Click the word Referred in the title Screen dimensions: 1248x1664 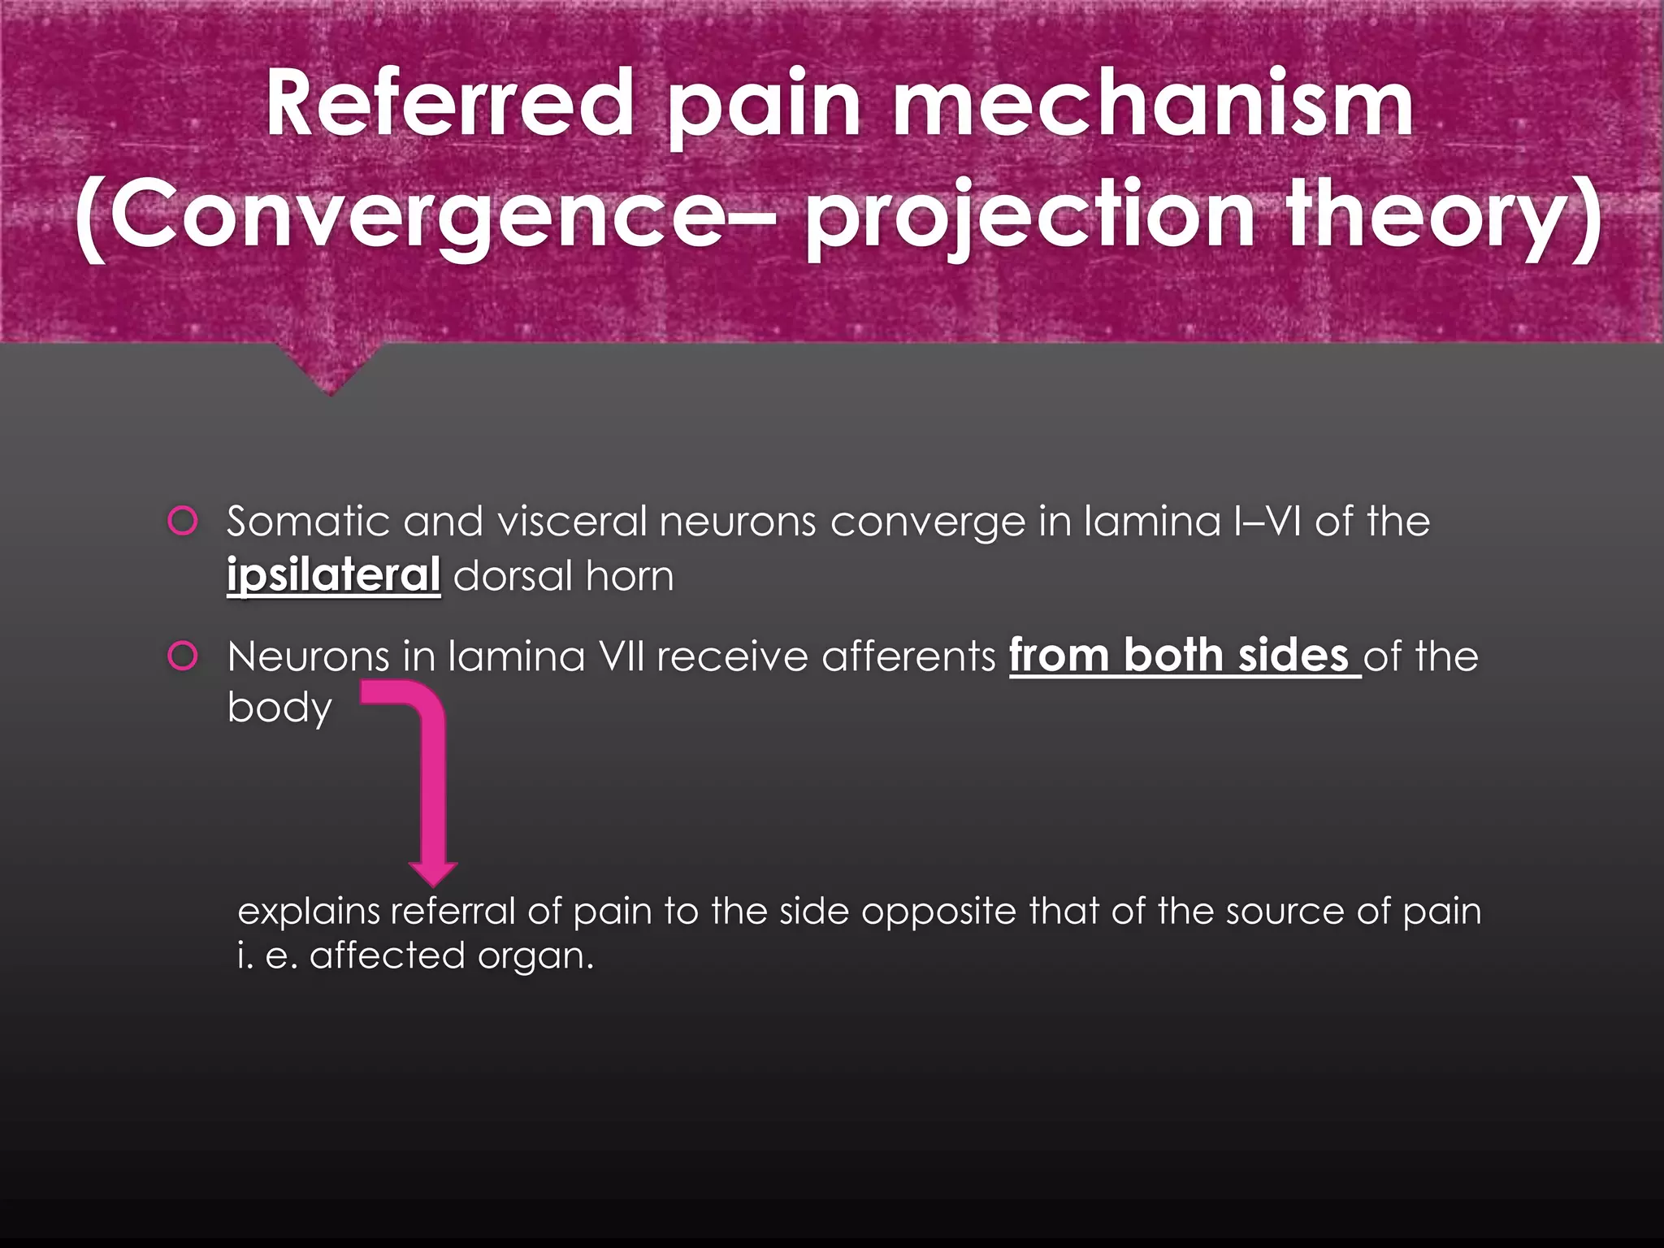pyautogui.click(x=449, y=104)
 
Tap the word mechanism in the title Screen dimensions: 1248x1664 pyautogui.click(x=1153, y=104)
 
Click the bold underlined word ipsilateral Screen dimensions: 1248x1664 pyautogui.click(x=333, y=575)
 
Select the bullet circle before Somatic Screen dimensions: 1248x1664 pyautogui.click(x=183, y=521)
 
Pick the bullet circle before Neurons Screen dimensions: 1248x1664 pyautogui.click(x=183, y=656)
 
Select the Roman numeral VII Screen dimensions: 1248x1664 pyautogui.click(x=621, y=656)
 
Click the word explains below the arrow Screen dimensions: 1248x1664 pyautogui.click(x=309, y=912)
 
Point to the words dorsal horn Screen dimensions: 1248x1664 pyautogui.click(x=563, y=576)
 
